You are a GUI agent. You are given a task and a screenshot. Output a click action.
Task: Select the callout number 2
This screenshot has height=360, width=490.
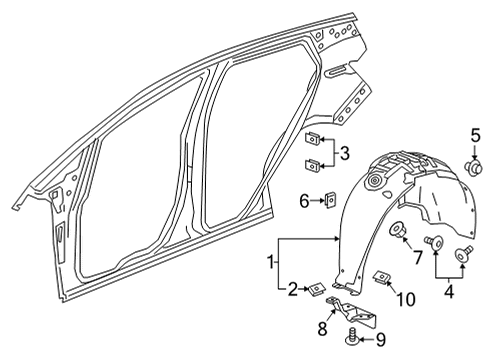point(291,291)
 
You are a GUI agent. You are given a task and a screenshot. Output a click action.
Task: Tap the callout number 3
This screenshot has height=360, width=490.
point(343,154)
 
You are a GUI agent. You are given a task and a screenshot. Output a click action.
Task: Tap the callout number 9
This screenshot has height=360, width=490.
point(382,339)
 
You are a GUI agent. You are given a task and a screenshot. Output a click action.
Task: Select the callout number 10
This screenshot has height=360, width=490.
point(404,300)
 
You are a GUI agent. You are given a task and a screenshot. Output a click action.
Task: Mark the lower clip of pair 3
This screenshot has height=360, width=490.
point(312,166)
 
